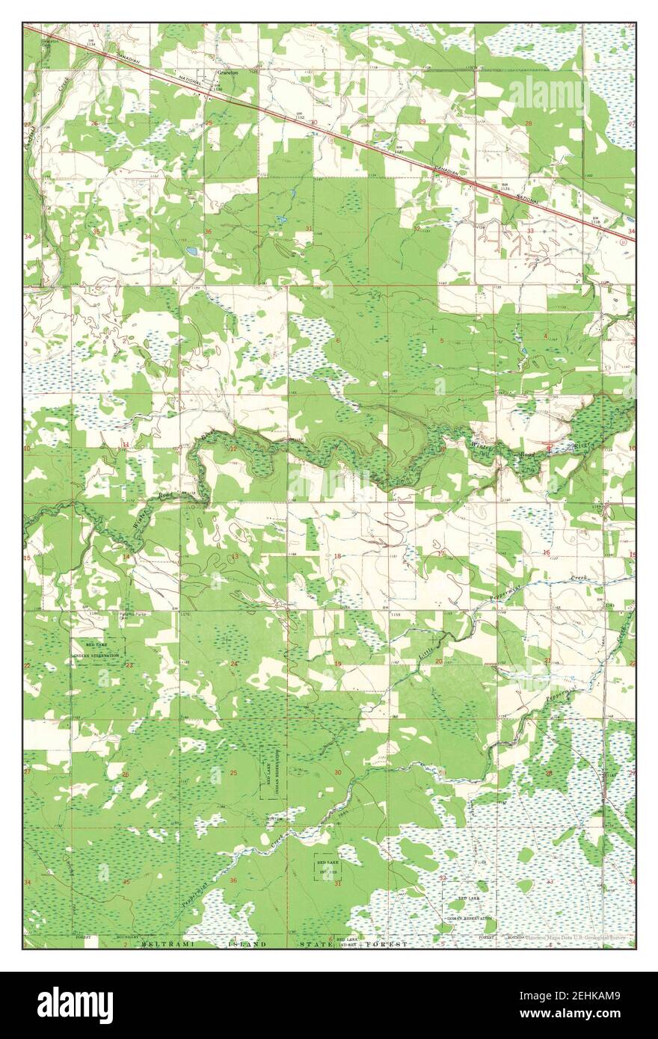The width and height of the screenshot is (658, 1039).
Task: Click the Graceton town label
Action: [227, 73]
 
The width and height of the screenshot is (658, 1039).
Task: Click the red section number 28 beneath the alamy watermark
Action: [529, 123]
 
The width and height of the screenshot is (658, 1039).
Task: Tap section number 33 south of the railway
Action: [530, 232]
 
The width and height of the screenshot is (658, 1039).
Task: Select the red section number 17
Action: [441, 554]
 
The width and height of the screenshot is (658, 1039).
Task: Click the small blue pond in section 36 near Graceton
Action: [192, 251]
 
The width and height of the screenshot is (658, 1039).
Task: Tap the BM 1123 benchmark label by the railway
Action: [506, 185]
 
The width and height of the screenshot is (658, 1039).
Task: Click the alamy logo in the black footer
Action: [75, 1005]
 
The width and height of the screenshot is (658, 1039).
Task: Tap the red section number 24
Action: [234, 664]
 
